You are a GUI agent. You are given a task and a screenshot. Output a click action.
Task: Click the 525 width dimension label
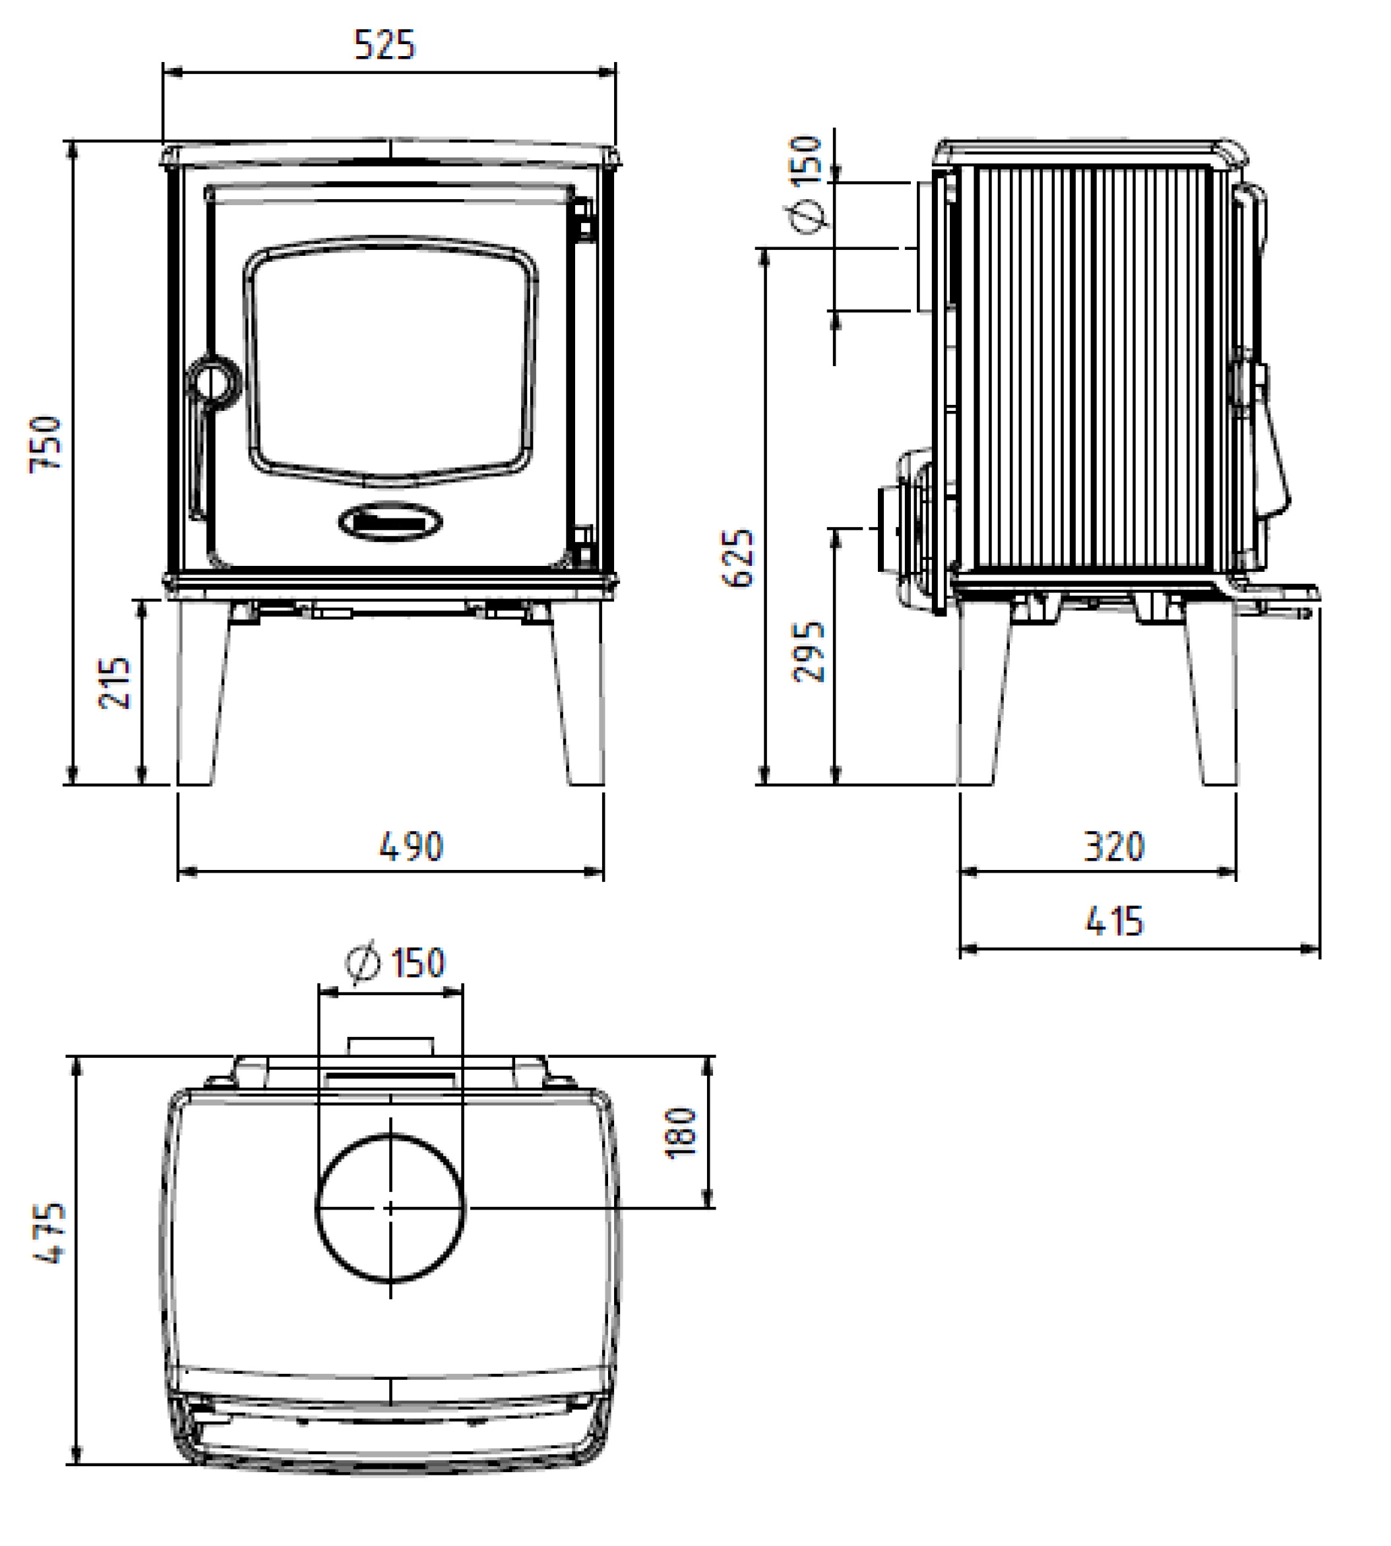point(385,45)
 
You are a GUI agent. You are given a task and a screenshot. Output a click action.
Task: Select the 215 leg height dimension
point(115,683)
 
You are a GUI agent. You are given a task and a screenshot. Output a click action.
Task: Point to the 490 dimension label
point(411,847)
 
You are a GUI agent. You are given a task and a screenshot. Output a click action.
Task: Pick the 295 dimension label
point(809,652)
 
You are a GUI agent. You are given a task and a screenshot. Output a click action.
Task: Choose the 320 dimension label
point(1115,847)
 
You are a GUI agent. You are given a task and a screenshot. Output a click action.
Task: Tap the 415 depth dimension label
point(1115,921)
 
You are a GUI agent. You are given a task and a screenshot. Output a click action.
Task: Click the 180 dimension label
point(682,1133)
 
